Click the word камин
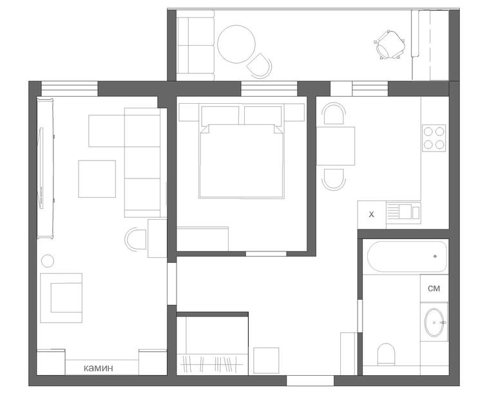[x=99, y=368]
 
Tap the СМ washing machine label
[x=434, y=289]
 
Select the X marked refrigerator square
[x=372, y=215]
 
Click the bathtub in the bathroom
[x=407, y=257]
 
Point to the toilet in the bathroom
[x=386, y=354]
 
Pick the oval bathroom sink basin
[x=434, y=322]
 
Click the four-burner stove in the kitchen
[x=434, y=138]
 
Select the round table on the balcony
[x=236, y=44]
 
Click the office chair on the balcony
[x=390, y=45]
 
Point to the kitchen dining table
[x=336, y=146]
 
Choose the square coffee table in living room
[x=97, y=179]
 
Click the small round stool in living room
[x=48, y=261]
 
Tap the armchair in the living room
[x=62, y=298]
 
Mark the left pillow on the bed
[x=220, y=115]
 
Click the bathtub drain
[x=435, y=256]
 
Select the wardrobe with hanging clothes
[x=213, y=345]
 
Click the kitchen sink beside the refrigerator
[x=404, y=213]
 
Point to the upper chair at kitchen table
[x=334, y=113]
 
